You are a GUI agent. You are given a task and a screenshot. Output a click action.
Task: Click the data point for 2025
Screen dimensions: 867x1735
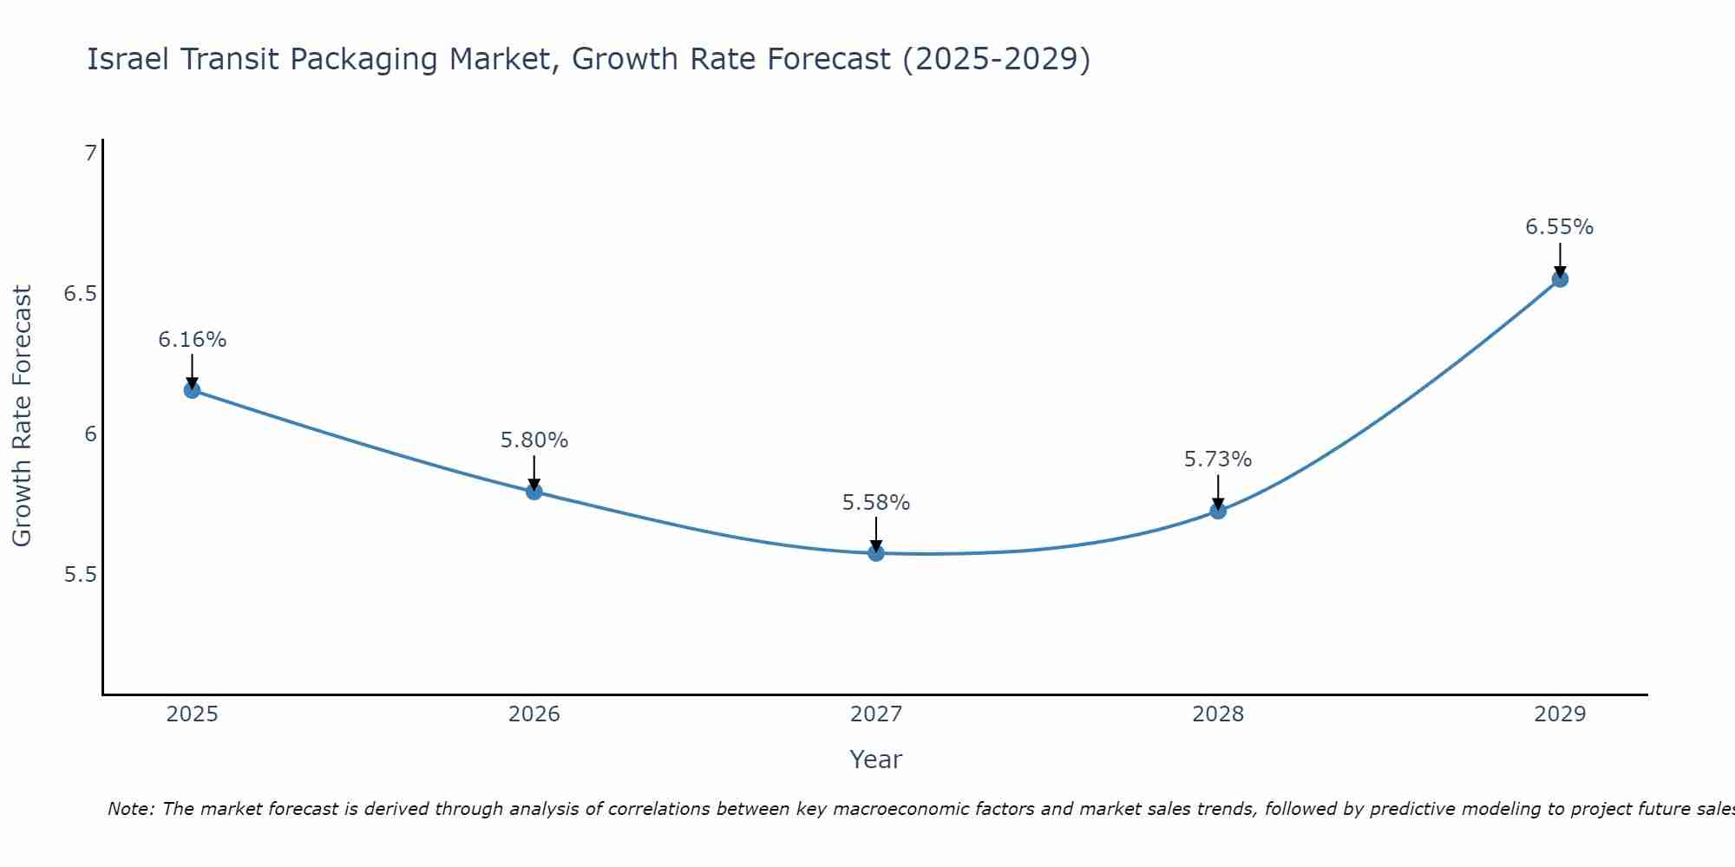[x=192, y=390]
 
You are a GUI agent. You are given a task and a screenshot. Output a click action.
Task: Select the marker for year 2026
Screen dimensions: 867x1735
[x=534, y=492]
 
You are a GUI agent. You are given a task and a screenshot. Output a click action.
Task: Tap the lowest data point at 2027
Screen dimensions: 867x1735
[x=876, y=553]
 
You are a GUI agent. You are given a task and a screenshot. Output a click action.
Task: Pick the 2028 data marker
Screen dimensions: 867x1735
[x=1218, y=511]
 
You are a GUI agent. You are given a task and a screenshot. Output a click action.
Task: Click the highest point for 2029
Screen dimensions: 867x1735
[x=1560, y=279]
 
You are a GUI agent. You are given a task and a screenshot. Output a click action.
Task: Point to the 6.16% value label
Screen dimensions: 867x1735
[x=192, y=340]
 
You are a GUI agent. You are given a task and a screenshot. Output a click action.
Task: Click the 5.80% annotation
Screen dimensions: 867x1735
[x=534, y=440]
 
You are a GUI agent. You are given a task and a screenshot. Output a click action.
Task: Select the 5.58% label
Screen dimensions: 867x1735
[x=876, y=503]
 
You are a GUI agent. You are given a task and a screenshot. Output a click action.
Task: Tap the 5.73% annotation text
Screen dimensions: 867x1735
[x=1218, y=460]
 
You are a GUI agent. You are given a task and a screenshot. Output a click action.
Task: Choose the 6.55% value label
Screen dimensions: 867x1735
[x=1560, y=227]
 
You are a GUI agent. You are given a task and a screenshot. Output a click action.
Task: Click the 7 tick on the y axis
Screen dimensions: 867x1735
[x=90, y=153]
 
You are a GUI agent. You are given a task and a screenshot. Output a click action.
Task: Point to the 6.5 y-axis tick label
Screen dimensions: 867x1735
[x=80, y=294]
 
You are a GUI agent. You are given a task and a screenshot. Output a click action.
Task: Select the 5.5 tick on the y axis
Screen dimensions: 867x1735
[x=80, y=575]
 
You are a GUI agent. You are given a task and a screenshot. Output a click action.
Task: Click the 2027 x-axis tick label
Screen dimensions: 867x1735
[x=876, y=714]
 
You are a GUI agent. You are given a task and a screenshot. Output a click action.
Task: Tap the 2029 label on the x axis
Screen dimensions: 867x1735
[x=1560, y=714]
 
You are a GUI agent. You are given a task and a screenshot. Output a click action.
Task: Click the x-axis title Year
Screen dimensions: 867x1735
[x=876, y=759]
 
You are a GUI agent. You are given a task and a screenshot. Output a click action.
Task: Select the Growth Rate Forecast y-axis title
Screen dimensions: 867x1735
[x=22, y=416]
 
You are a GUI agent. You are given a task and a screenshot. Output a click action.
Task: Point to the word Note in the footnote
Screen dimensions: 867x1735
[x=130, y=809]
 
